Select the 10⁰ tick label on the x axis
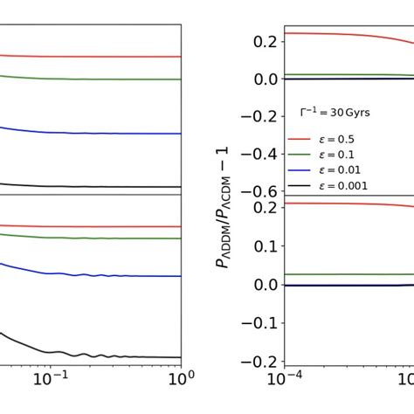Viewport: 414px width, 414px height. [178, 380]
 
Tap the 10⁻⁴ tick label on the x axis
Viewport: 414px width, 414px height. [279, 380]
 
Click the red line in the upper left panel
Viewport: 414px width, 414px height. [87, 57]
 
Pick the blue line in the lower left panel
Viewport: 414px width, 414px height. [87, 275]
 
